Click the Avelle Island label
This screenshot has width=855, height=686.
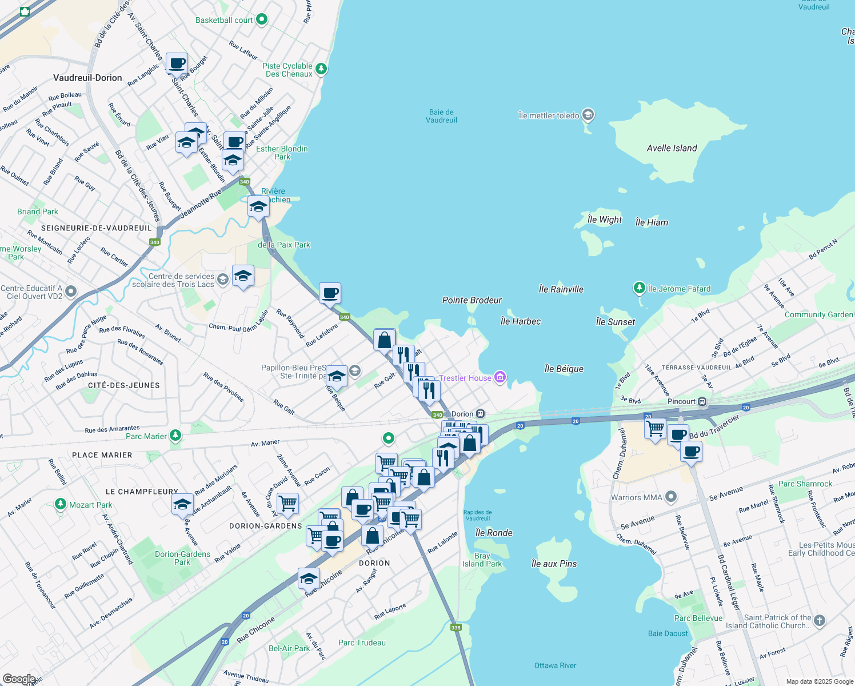672,148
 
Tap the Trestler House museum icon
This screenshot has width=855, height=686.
500,377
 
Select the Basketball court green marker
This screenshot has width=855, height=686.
262,19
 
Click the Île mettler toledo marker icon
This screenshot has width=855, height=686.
588,115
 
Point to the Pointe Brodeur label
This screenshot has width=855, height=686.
472,300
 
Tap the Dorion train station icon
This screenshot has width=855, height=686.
481,414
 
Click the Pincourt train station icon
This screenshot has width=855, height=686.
702,401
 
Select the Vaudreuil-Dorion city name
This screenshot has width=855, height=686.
87,78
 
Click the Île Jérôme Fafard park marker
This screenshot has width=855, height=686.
640,288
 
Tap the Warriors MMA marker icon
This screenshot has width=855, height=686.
672,497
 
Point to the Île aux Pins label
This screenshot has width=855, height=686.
554,564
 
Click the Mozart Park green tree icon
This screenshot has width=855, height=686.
61,504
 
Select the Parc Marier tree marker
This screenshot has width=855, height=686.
175,436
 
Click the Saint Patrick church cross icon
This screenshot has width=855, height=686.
819,620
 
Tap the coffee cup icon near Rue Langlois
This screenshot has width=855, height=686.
177,63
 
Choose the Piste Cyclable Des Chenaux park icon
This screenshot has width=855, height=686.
321,69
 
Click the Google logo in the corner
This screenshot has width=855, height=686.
19,679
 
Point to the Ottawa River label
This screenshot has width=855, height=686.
555,665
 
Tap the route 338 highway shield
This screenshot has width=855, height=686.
456,627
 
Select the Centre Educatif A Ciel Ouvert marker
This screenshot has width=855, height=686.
71,292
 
